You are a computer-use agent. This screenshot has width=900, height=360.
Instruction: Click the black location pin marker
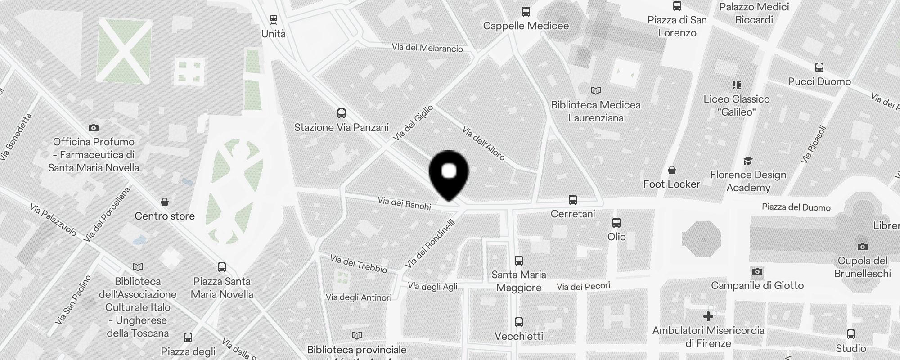[x=449, y=173]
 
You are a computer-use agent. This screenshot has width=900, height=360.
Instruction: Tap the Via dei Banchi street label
[x=405, y=203]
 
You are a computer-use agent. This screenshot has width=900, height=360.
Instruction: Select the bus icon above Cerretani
[x=572, y=199]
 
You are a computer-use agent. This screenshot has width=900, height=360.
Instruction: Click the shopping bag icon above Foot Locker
[x=671, y=170]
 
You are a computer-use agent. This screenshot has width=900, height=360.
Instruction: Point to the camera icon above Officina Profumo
[x=94, y=128]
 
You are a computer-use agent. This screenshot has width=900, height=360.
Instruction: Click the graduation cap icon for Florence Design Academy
[x=748, y=161]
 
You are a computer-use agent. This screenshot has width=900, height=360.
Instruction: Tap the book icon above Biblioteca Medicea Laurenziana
[x=596, y=91]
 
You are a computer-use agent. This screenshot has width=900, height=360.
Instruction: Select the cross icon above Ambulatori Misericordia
[x=708, y=316]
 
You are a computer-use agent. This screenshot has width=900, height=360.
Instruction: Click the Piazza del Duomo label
[x=796, y=207]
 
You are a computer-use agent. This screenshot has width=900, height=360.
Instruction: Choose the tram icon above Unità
[x=273, y=19]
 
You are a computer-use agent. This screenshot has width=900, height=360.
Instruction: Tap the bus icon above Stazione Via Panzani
[x=342, y=113]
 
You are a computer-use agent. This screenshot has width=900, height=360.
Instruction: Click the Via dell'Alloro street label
[x=484, y=144]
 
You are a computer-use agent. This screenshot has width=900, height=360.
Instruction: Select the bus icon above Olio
[x=616, y=222]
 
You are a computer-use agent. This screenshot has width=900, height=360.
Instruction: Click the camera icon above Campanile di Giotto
[x=757, y=271]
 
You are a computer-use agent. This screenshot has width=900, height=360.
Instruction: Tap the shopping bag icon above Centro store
[x=165, y=202]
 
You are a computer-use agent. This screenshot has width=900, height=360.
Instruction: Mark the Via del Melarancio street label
[x=427, y=48]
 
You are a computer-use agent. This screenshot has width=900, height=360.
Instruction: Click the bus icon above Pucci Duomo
[x=819, y=68]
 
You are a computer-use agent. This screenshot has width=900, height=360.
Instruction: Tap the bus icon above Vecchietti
[x=519, y=322]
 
